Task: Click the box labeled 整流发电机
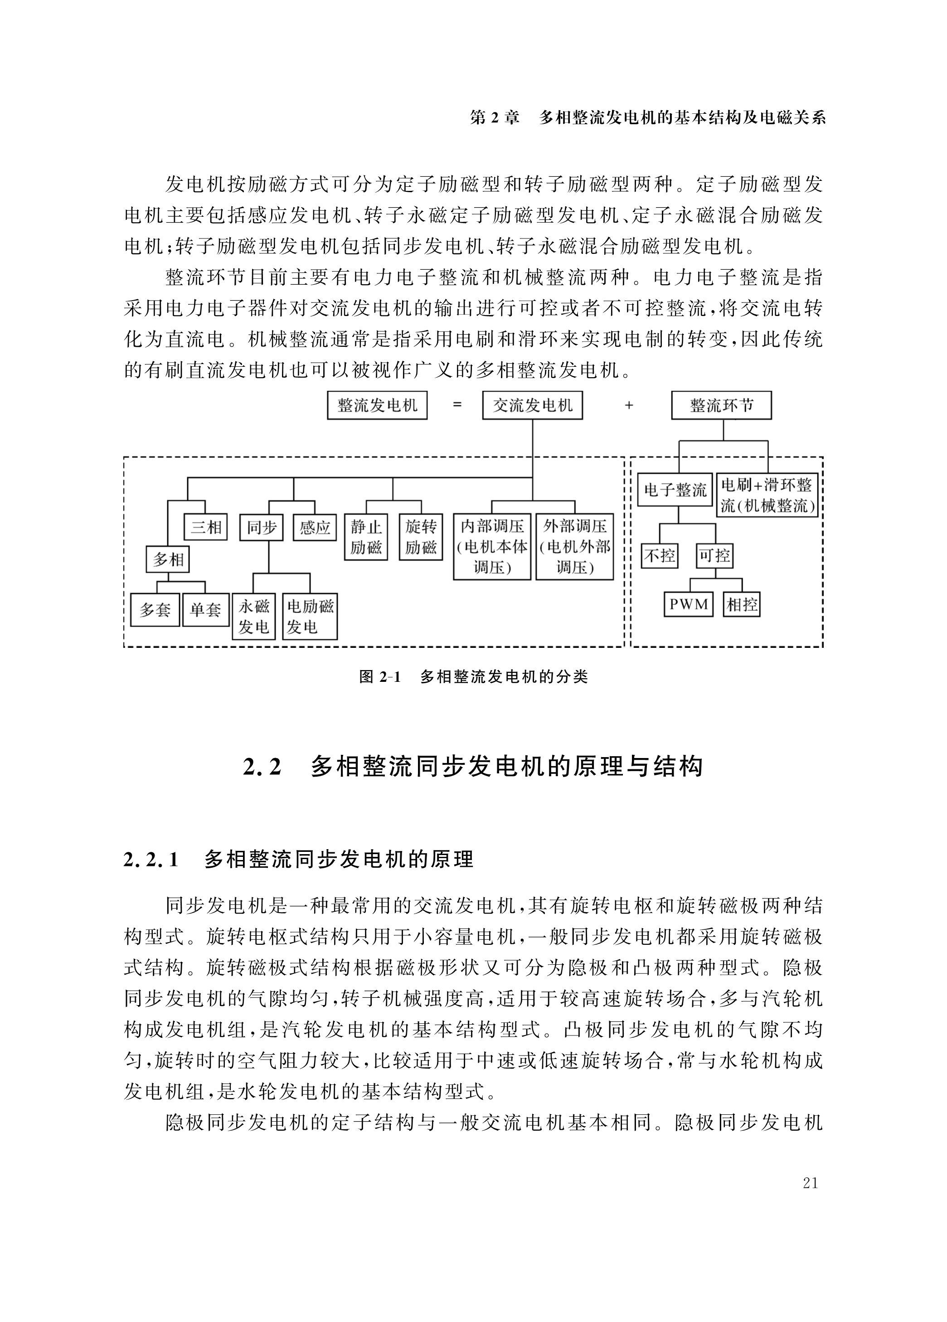(x=377, y=405)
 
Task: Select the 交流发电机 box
(x=533, y=405)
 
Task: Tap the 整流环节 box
(x=721, y=405)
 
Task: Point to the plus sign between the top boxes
(x=629, y=405)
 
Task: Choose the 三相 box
(x=206, y=528)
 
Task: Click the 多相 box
(x=168, y=559)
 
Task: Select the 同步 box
(x=261, y=528)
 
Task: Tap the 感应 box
(x=315, y=528)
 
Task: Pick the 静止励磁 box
(x=366, y=537)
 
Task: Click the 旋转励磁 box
(x=421, y=537)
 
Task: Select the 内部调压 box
(x=492, y=546)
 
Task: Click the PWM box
(x=689, y=604)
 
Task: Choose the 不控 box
(x=660, y=555)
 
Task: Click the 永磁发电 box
(x=253, y=617)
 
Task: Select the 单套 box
(x=206, y=610)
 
